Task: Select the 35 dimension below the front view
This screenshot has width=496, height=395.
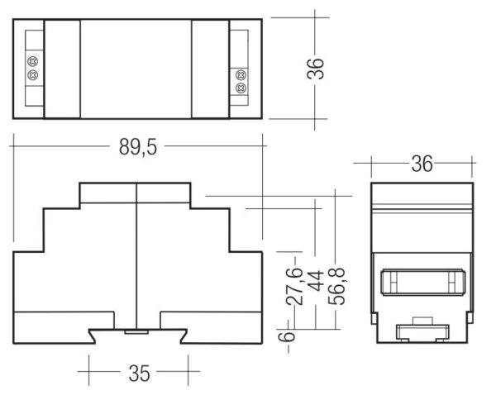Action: [x=139, y=374]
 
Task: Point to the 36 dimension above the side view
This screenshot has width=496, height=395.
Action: [x=422, y=164]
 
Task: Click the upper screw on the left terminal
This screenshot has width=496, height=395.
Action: [x=33, y=61]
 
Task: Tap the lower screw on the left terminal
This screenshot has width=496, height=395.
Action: [x=33, y=75]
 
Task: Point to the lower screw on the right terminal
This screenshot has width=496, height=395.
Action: [x=241, y=88]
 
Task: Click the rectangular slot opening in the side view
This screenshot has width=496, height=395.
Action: [x=422, y=283]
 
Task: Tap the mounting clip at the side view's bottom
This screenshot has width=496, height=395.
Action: [x=422, y=332]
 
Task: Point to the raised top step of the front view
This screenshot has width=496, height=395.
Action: [x=135, y=194]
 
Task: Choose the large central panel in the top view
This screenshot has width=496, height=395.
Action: [x=136, y=68]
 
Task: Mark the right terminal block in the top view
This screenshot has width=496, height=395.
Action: [x=241, y=68]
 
